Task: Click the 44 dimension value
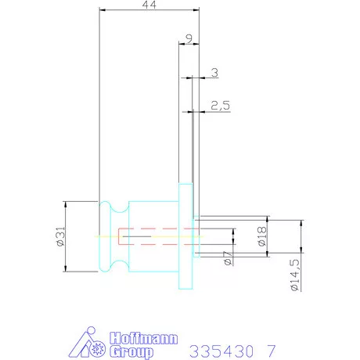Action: tap(149, 5)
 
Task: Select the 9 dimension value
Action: tap(189, 38)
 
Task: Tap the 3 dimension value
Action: tap(214, 73)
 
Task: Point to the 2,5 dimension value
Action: tap(221, 106)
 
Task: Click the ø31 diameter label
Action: tap(60, 236)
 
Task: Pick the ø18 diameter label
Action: tap(261, 236)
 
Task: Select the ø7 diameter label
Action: tap(228, 258)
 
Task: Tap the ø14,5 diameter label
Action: tap(294, 275)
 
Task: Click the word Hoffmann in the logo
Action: tap(144, 338)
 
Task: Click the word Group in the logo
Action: tap(131, 351)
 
